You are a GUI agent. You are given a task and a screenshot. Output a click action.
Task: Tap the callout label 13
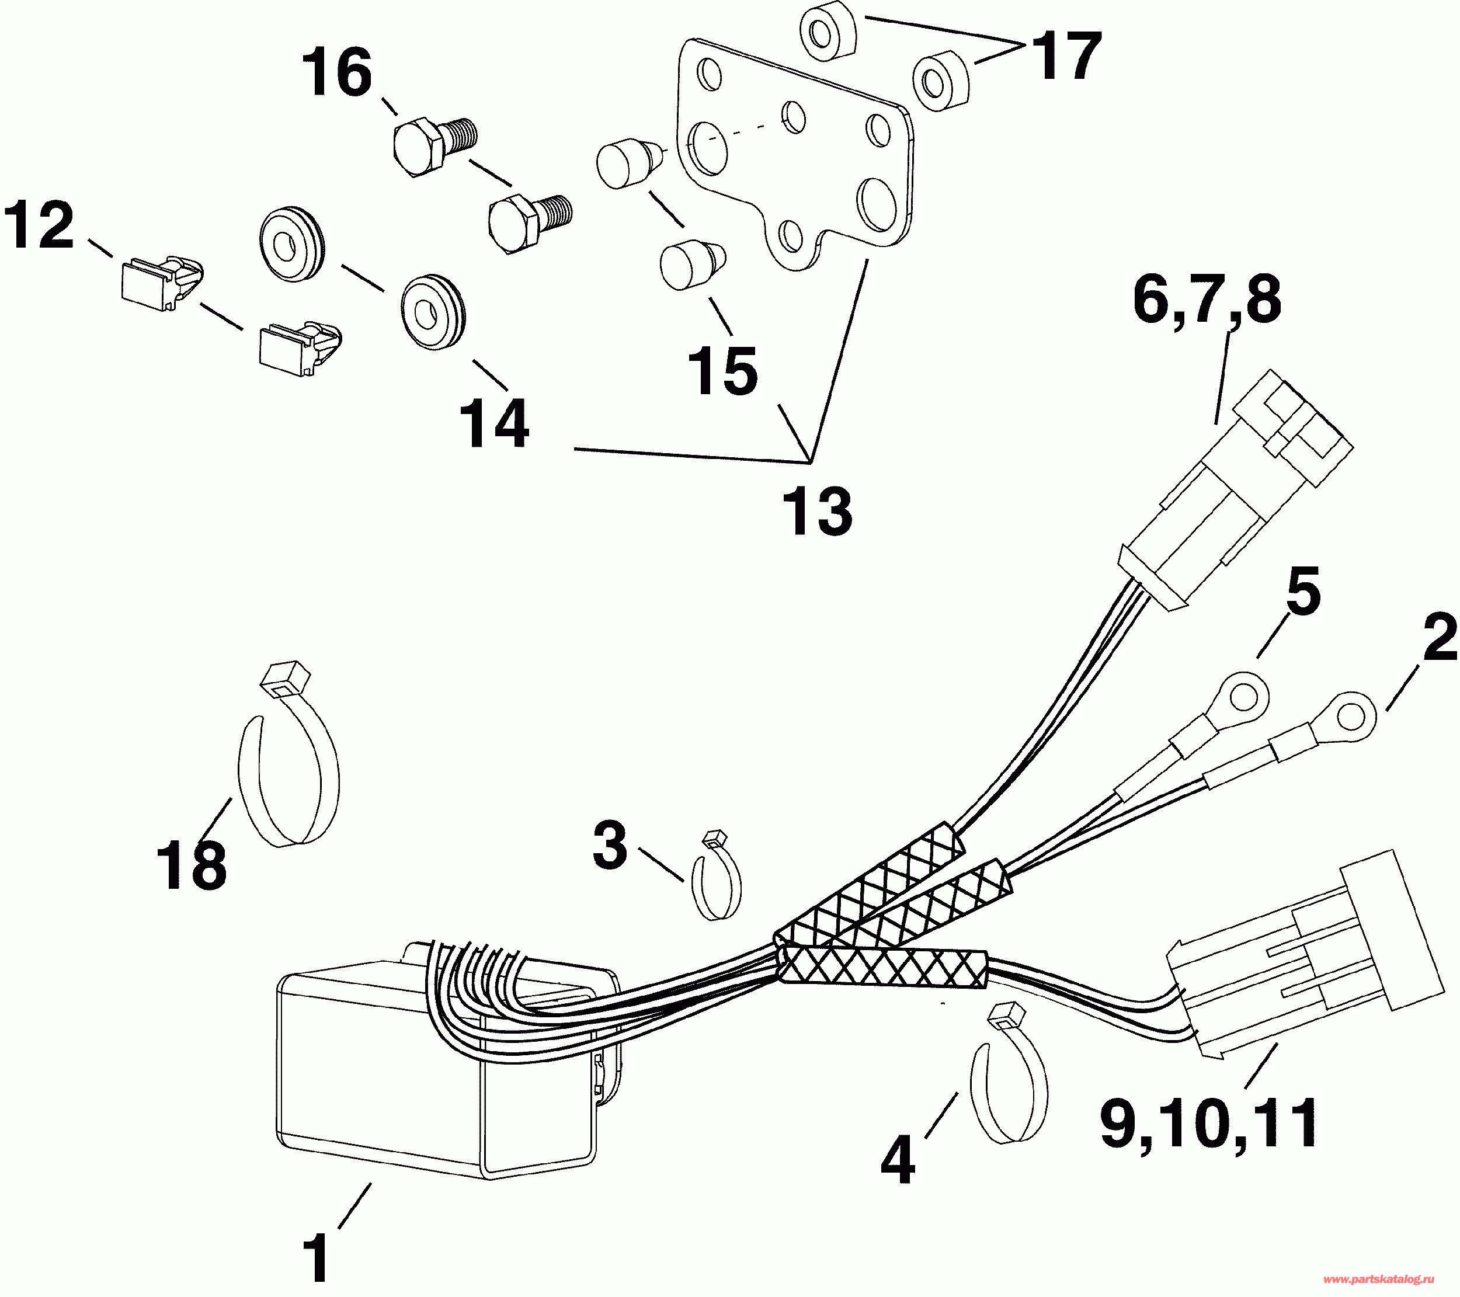[x=817, y=512]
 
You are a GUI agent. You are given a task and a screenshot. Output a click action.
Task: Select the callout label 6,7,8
[x=1207, y=301]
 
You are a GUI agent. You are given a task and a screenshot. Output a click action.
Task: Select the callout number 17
[x=1067, y=57]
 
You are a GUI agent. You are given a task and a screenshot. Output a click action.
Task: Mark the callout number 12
[x=39, y=225]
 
